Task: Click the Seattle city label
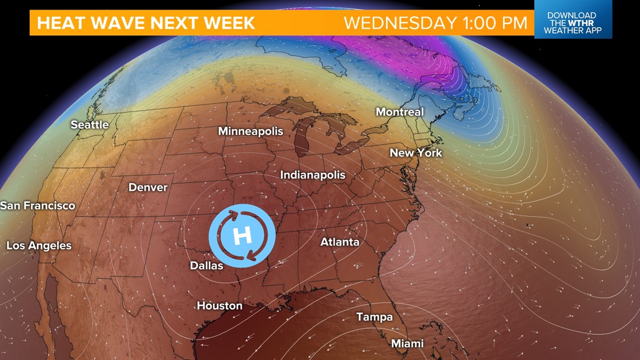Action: pyautogui.click(x=90, y=125)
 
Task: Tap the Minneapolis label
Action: pyautogui.click(x=251, y=131)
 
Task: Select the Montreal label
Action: pyautogui.click(x=400, y=112)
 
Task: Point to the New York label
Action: pyautogui.click(x=416, y=153)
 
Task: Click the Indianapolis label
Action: pyautogui.click(x=313, y=175)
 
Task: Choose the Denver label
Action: pyautogui.click(x=148, y=187)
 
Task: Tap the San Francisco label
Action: pyautogui.click(x=38, y=206)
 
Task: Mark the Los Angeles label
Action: pyautogui.click(x=39, y=245)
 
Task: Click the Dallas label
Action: pyautogui.click(x=207, y=266)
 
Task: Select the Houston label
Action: pyautogui.click(x=220, y=306)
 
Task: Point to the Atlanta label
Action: pyautogui.click(x=340, y=242)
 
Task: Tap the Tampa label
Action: pyautogui.click(x=374, y=317)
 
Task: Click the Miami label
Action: pyautogui.click(x=408, y=343)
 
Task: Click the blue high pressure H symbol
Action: pyautogui.click(x=242, y=235)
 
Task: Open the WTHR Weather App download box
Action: pyautogui.click(x=573, y=22)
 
